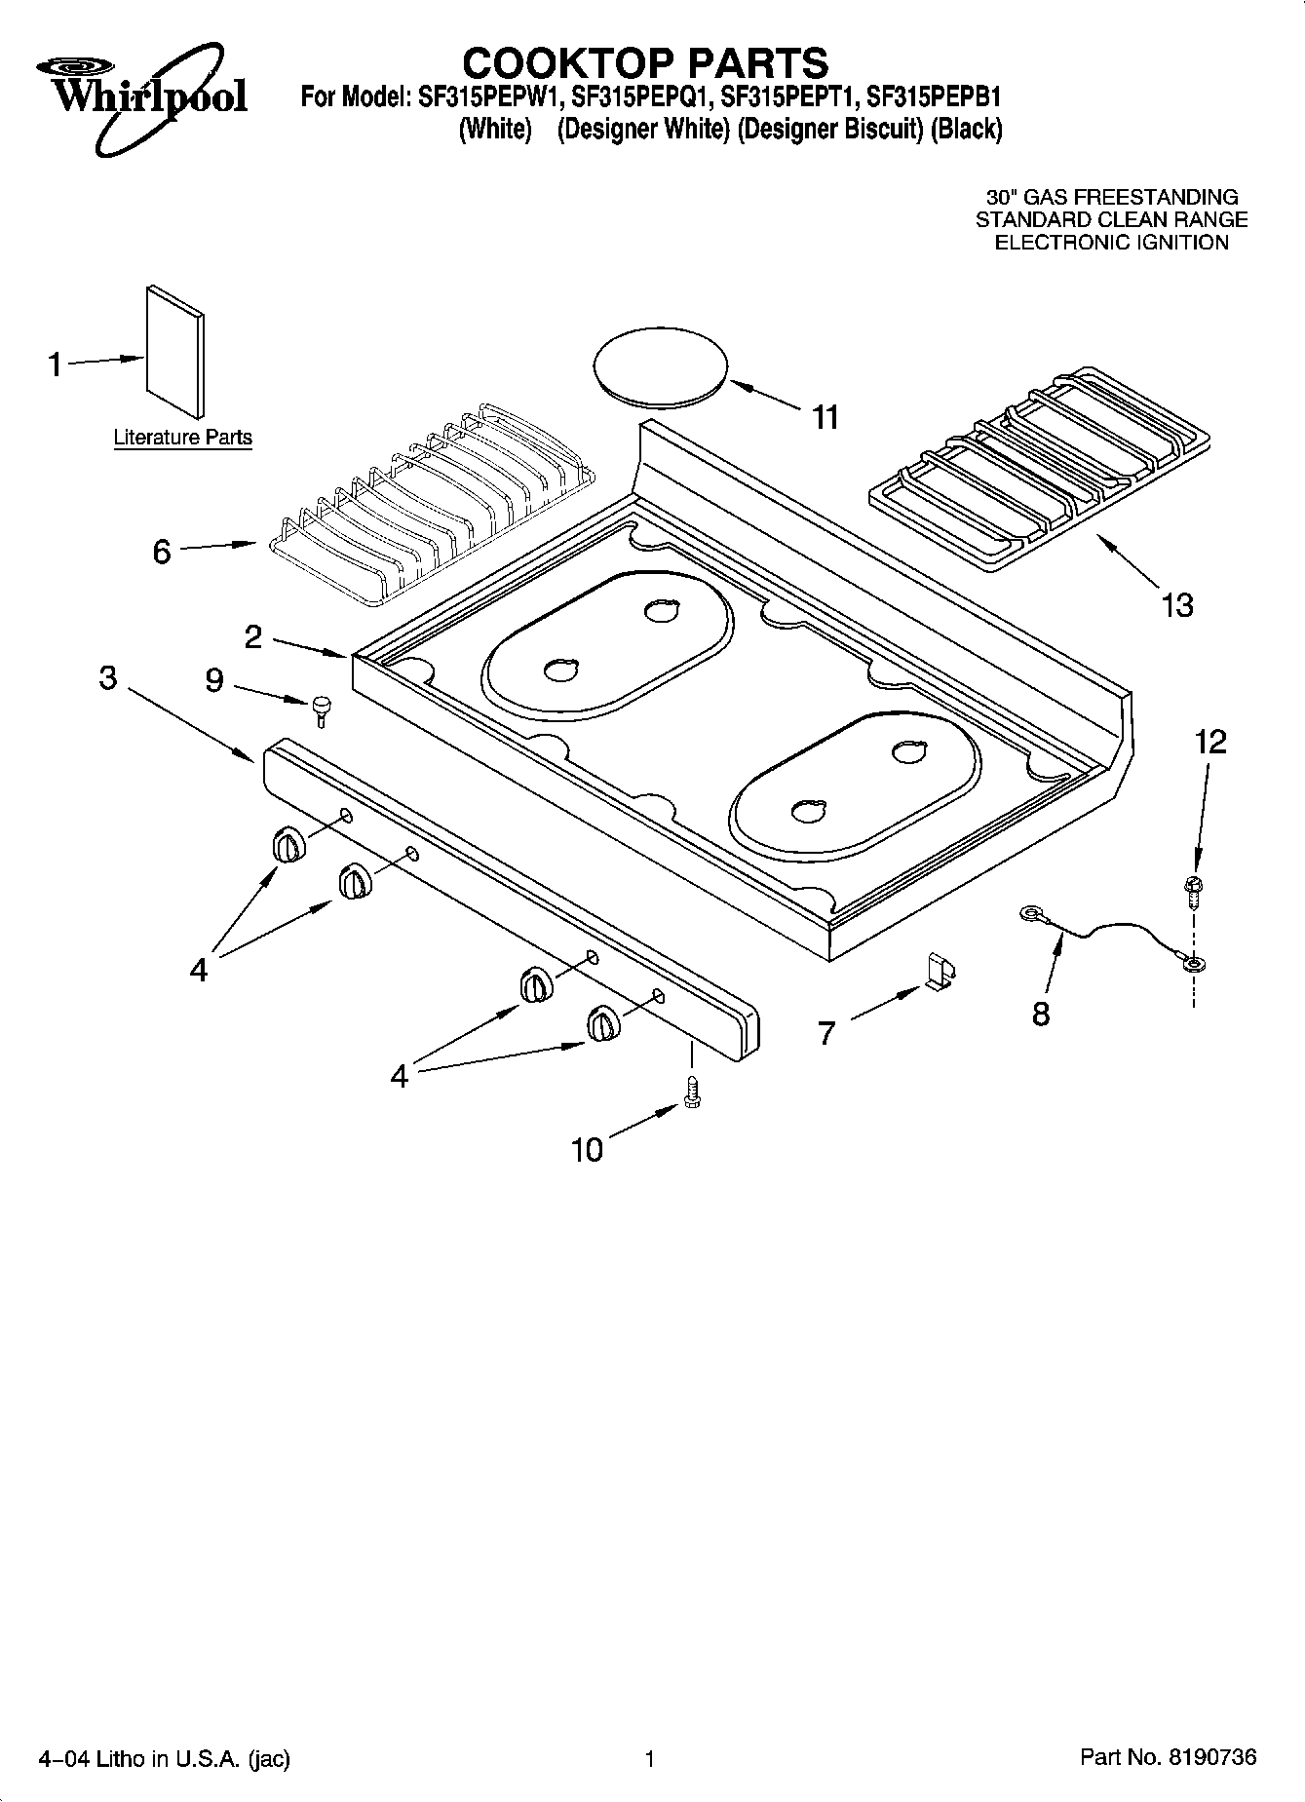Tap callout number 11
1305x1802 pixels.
tap(825, 418)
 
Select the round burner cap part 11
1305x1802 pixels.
tap(661, 364)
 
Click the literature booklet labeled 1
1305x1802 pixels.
tap(175, 349)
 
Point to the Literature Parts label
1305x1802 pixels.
tap(182, 439)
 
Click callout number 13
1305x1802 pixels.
tap(1177, 605)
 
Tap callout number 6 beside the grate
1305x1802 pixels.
tap(162, 552)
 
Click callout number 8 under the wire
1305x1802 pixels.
tap(1040, 1014)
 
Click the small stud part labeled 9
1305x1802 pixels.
tap(321, 710)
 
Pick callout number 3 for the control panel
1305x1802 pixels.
tap(108, 677)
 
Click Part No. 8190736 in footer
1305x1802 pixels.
tap(1168, 1757)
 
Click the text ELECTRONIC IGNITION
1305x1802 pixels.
tap(1111, 243)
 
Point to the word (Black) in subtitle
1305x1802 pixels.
tap(967, 128)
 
